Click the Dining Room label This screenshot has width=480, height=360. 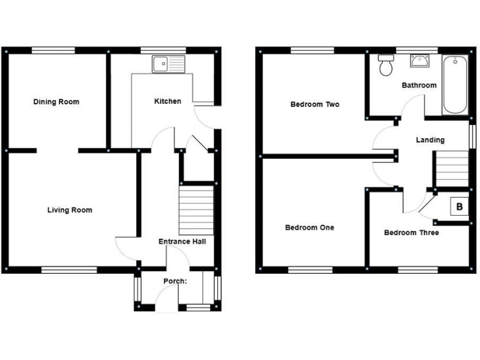point(56,102)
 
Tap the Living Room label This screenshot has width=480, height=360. point(69,210)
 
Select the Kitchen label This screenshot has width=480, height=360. point(167,101)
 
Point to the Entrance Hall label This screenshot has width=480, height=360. point(182,242)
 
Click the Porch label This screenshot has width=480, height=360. point(175,281)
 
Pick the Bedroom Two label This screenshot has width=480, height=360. point(315,104)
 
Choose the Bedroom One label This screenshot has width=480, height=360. point(309,227)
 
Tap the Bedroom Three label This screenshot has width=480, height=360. point(411,232)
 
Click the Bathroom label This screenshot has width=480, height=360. point(419,85)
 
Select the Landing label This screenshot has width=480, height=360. point(430,140)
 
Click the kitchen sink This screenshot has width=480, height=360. point(167,63)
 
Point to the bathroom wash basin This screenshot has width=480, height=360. point(419,61)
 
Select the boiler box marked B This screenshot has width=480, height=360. point(459,206)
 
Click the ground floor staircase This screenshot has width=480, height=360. point(196,209)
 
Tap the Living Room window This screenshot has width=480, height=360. point(69,270)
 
